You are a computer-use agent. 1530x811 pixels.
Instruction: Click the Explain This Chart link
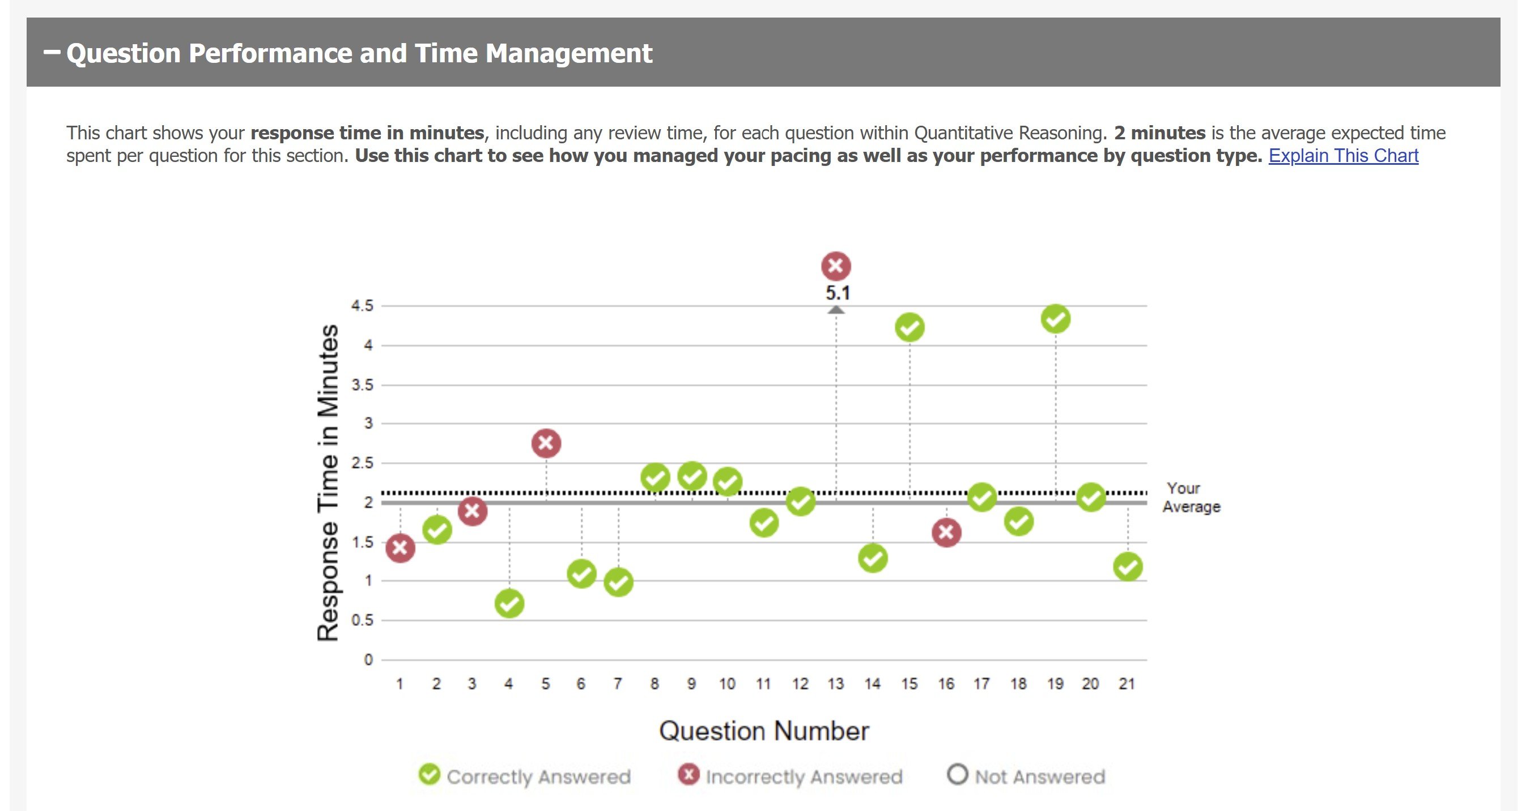[x=1343, y=156]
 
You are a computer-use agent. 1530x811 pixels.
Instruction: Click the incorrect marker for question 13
[x=836, y=266]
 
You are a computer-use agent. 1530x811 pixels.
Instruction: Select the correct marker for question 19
[x=1056, y=319]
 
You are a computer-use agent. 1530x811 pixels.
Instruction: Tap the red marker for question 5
[x=546, y=443]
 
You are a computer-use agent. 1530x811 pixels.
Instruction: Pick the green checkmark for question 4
[x=509, y=604]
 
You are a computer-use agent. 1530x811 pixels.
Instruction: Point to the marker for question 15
[x=909, y=328]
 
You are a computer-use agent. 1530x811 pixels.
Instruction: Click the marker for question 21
[x=1127, y=566]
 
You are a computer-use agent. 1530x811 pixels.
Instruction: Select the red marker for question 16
[x=946, y=532]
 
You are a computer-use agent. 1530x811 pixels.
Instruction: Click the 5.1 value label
[x=838, y=293]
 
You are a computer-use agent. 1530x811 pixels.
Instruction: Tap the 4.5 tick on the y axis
[x=362, y=306]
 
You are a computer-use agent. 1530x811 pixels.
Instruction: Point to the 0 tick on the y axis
[x=368, y=660]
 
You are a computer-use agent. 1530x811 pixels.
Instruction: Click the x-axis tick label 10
[x=727, y=684]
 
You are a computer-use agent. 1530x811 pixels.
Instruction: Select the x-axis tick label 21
[x=1127, y=684]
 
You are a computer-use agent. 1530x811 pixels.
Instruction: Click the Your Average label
[x=1191, y=497]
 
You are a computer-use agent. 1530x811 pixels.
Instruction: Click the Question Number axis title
[x=764, y=731]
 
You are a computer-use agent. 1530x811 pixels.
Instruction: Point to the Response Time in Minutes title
[x=328, y=482]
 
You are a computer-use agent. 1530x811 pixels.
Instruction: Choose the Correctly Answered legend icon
[x=430, y=774]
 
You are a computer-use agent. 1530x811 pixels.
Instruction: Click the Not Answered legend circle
[x=957, y=774]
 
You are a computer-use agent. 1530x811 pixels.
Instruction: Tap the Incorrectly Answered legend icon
[x=688, y=774]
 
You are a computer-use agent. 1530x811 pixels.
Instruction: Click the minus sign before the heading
[x=52, y=53]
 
